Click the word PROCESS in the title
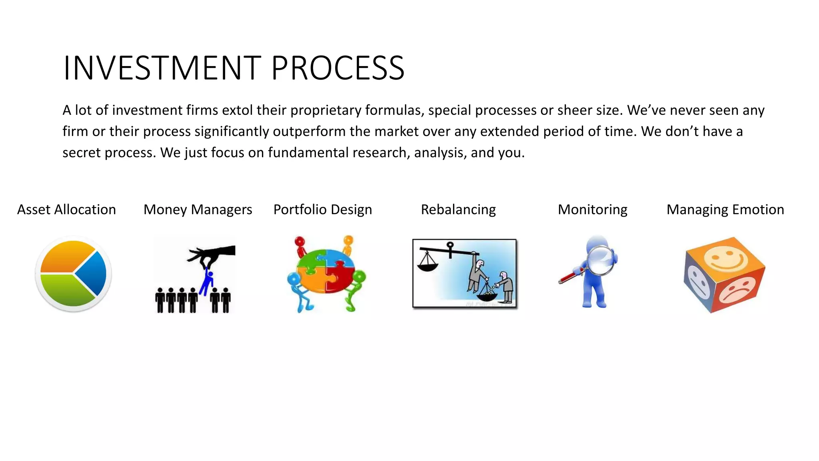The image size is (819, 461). point(338,68)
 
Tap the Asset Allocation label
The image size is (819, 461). point(66,210)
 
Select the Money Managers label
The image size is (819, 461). point(198,210)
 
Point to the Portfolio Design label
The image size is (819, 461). point(322,210)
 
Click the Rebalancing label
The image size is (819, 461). point(458,210)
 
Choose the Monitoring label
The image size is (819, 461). point(592,210)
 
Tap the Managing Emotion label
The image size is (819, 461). point(725,210)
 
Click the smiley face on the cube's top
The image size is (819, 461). point(726,258)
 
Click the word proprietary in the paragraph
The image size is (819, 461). point(326,110)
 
